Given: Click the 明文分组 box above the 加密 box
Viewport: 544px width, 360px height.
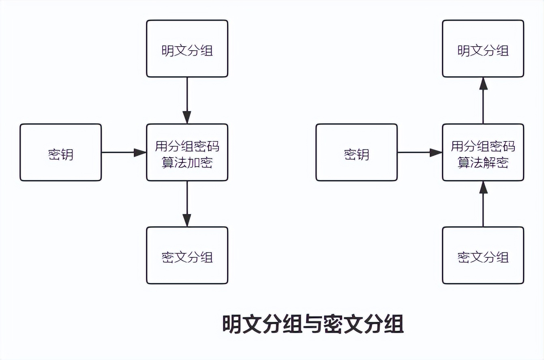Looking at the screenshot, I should tap(187, 49).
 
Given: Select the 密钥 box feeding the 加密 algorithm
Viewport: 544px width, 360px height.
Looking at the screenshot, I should tap(60, 152).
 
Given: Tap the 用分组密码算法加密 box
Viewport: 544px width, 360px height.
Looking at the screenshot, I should tap(187, 152).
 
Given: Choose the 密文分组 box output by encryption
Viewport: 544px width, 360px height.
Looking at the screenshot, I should tap(187, 255).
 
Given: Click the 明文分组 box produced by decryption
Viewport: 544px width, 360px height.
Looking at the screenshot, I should tap(483, 49).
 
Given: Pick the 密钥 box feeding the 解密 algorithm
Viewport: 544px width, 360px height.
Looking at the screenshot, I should tap(356, 152).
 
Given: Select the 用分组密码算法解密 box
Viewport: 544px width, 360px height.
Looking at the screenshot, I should tap(483, 152).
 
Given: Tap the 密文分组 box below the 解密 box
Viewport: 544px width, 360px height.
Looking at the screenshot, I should tap(483, 255).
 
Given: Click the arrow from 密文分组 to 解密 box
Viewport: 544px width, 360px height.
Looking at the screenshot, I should tap(483, 204).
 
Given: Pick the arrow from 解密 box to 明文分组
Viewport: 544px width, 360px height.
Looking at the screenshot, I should tap(483, 101).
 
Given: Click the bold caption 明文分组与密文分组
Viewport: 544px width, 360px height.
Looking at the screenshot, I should tap(313, 324).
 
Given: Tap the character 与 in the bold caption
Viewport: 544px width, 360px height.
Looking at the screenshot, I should tap(313, 324).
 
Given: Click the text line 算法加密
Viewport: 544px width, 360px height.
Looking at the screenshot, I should tap(187, 163).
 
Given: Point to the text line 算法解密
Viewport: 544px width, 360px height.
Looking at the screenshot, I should tap(483, 163).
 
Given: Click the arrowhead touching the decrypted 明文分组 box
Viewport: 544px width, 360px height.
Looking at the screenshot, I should tap(483, 83).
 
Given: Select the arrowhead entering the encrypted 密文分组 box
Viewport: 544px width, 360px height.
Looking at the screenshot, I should tap(187, 220).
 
